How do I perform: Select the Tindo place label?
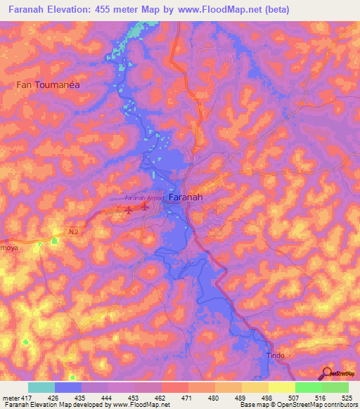click(x=276, y=356)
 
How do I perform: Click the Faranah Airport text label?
click(x=145, y=198)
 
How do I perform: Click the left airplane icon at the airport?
click(x=129, y=207)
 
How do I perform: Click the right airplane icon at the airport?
click(x=144, y=207)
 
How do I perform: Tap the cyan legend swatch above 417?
click(x=41, y=387)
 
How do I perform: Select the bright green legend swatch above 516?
click(x=308, y=387)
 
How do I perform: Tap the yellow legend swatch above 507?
click(x=281, y=387)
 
